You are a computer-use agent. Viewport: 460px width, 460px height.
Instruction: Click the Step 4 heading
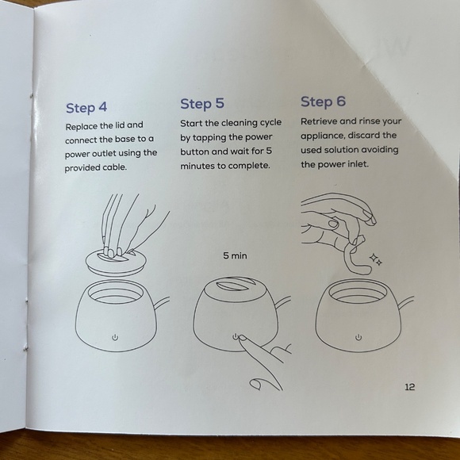coord(86,108)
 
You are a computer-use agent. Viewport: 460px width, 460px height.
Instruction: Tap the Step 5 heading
coord(202,104)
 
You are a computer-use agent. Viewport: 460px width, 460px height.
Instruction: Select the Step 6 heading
coord(323,102)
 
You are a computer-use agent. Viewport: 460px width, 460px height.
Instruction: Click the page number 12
coord(410,387)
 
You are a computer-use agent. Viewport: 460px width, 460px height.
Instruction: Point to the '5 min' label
coord(235,256)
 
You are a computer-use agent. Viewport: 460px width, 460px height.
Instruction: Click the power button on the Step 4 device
coord(115,337)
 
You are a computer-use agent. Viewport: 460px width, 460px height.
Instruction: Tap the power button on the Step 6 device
coord(358,337)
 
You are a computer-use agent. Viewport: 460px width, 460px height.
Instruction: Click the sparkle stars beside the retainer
coord(375,259)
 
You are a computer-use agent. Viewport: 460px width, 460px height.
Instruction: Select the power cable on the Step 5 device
coord(283,303)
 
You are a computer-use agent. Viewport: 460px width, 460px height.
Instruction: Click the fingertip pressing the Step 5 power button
coord(242,339)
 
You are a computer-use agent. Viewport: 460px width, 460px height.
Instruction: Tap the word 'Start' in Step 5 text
coord(191,123)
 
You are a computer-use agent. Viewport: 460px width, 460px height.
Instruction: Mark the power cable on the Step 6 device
coord(406,303)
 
